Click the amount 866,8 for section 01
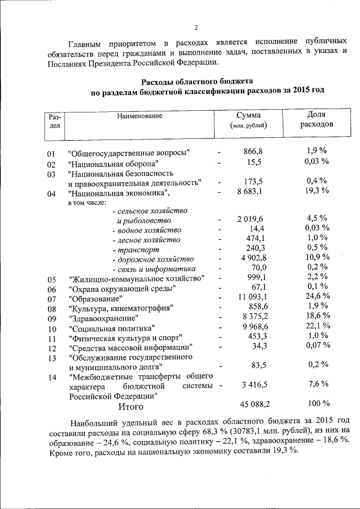(x=253, y=151)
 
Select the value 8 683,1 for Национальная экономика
(x=250, y=193)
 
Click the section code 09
(x=52, y=318)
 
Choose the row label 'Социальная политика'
(x=111, y=328)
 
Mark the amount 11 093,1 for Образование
(x=248, y=297)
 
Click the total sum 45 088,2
(x=248, y=404)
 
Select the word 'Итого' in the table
(x=130, y=406)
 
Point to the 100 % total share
(x=318, y=404)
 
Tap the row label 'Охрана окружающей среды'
(x=122, y=289)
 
